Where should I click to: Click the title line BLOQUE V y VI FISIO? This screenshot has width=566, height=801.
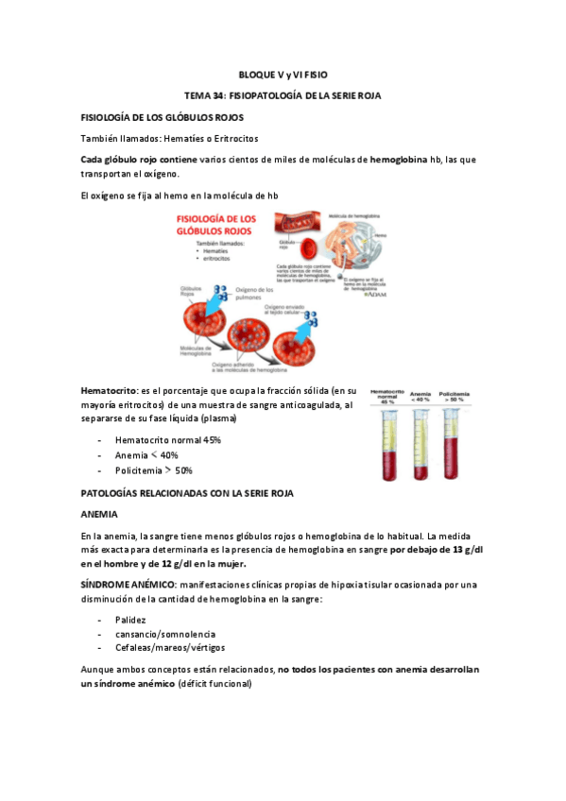[x=283, y=74]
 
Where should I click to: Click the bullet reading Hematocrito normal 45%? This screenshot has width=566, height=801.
[x=167, y=440]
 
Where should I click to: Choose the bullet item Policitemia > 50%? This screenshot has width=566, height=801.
[x=153, y=469]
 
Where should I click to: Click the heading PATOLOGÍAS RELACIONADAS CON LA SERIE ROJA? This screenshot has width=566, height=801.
[x=188, y=493]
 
